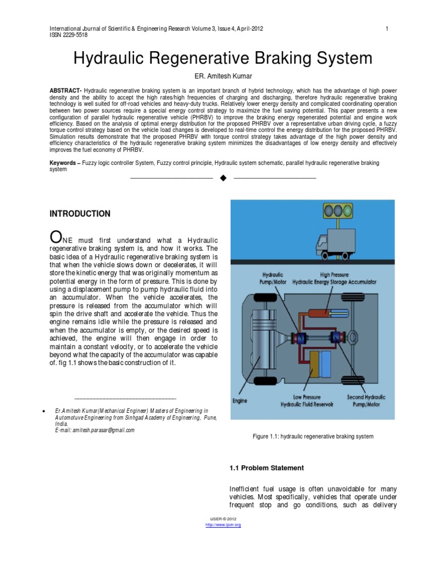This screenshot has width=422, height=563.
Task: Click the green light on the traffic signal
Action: click(x=347, y=210)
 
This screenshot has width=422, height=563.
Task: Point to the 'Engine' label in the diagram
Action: click(x=240, y=401)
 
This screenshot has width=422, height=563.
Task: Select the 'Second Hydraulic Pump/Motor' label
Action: click(x=367, y=400)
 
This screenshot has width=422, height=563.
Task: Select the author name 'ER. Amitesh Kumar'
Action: click(x=210, y=76)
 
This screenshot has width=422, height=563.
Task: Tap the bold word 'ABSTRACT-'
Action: click(x=66, y=90)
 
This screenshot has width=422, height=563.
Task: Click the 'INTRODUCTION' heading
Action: click(x=80, y=214)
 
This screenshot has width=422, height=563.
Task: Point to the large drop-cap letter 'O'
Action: click(x=55, y=237)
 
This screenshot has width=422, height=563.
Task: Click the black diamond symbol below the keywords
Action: click(x=223, y=178)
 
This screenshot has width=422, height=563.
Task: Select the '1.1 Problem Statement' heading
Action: click(x=266, y=468)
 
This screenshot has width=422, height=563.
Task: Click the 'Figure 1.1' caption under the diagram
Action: click(x=313, y=436)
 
